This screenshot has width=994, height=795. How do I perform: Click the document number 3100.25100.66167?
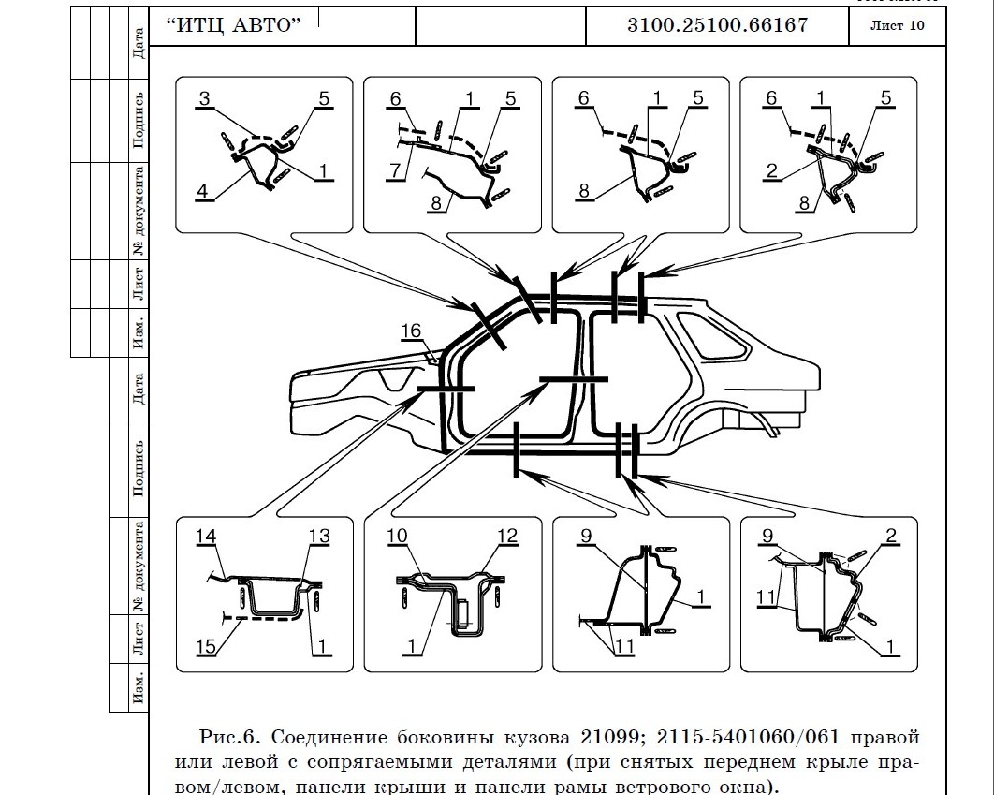717,25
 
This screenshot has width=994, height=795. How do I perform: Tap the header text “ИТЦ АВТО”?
233,25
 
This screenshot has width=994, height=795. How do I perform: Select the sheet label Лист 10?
897,25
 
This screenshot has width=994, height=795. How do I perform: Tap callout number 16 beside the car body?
412,331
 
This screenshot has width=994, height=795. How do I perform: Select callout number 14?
206,537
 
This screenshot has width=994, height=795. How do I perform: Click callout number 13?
319,537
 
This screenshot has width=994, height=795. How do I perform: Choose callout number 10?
397,537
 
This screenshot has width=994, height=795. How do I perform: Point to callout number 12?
506,537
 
